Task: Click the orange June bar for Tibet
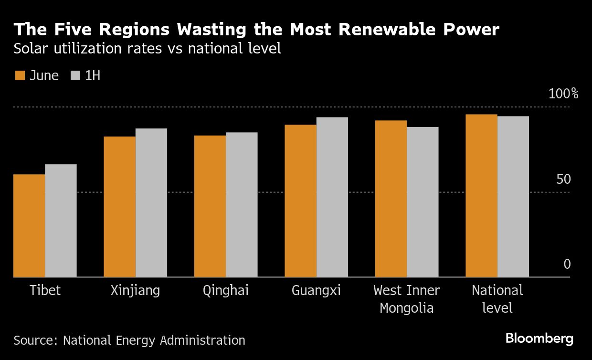point(29,225)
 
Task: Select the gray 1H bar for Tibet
point(61,221)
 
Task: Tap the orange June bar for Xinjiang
point(119,207)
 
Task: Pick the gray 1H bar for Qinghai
point(242,204)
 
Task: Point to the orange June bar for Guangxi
point(300,201)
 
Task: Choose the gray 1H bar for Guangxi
point(332,197)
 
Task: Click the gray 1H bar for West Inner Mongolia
point(423,201)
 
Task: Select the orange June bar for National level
point(481,196)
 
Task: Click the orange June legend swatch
point(20,75)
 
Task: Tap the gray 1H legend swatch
point(75,75)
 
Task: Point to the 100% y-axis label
point(563,94)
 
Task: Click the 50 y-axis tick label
point(563,180)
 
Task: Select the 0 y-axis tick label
point(567,264)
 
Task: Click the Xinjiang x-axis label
point(135,290)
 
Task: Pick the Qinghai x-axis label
point(226,290)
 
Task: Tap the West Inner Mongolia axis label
point(407,299)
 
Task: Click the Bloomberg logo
point(539,339)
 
